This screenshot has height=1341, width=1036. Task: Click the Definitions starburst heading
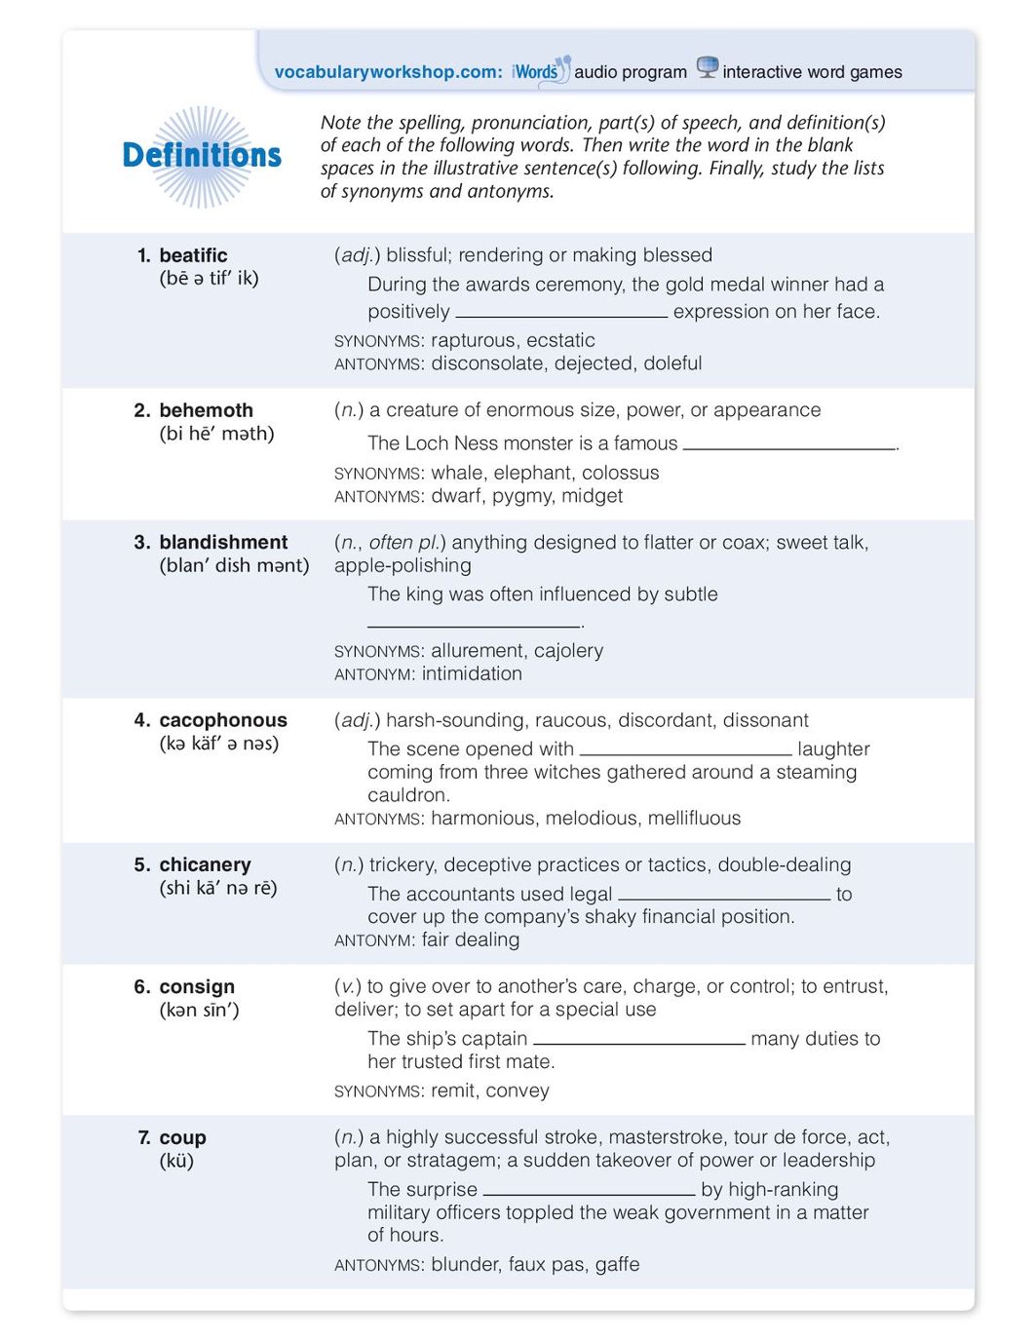tap(202, 156)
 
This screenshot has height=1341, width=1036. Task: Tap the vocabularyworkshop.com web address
tap(388, 72)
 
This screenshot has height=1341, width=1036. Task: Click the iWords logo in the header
tap(539, 71)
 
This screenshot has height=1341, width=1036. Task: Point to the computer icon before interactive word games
tap(708, 68)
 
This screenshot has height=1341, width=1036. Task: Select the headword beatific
tap(193, 255)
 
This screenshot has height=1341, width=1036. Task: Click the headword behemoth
tap(206, 410)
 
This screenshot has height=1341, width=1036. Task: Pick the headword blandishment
tap(223, 542)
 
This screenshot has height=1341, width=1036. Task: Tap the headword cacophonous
tap(223, 720)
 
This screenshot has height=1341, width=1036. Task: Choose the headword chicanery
tap(205, 864)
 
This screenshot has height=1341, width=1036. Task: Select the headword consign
tap(197, 986)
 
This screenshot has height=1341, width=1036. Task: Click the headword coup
tap(182, 1137)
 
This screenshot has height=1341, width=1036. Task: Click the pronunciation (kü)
tap(176, 1161)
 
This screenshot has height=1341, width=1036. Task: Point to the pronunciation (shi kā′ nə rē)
tap(218, 888)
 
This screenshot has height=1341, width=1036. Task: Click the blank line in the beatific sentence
tap(561, 315)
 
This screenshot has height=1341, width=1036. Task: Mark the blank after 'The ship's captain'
tap(639, 1042)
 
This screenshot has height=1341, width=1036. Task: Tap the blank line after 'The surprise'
tap(589, 1192)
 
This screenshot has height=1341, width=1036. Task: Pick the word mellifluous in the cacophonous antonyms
tap(692, 818)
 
